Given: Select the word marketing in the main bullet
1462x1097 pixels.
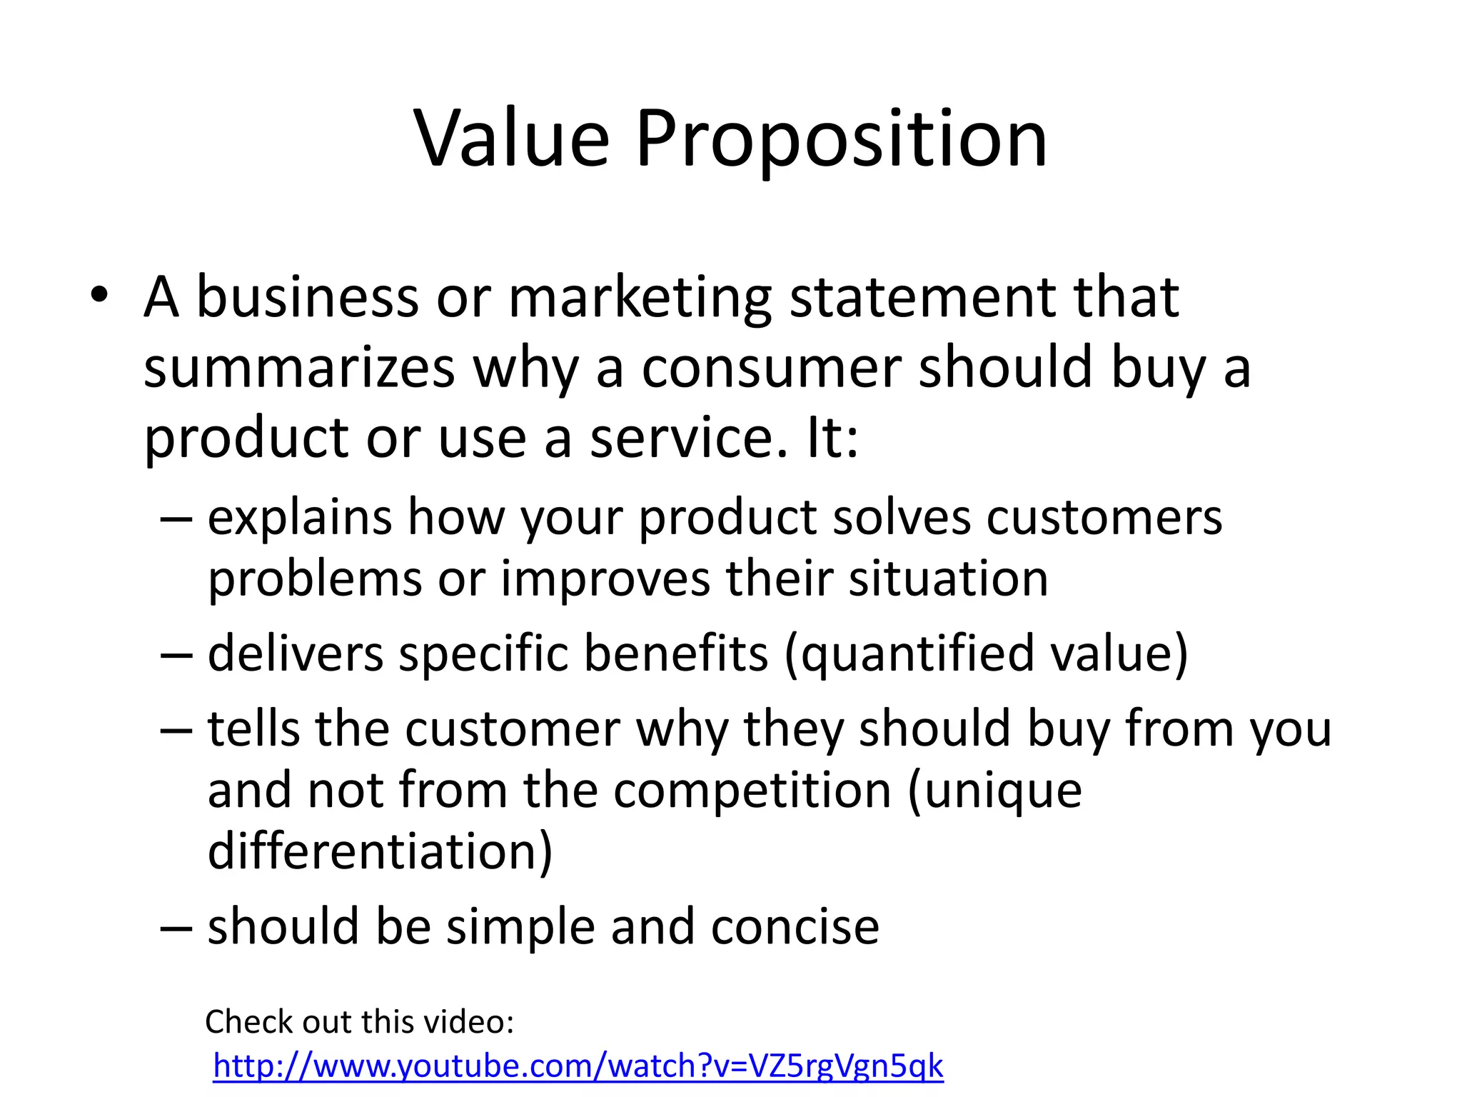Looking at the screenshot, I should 640,298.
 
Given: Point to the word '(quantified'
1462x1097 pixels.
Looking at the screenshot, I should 909,655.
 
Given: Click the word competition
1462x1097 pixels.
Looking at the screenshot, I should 752,791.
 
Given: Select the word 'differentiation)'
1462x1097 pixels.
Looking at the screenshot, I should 380,851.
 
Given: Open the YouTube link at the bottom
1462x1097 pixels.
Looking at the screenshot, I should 578,1066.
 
